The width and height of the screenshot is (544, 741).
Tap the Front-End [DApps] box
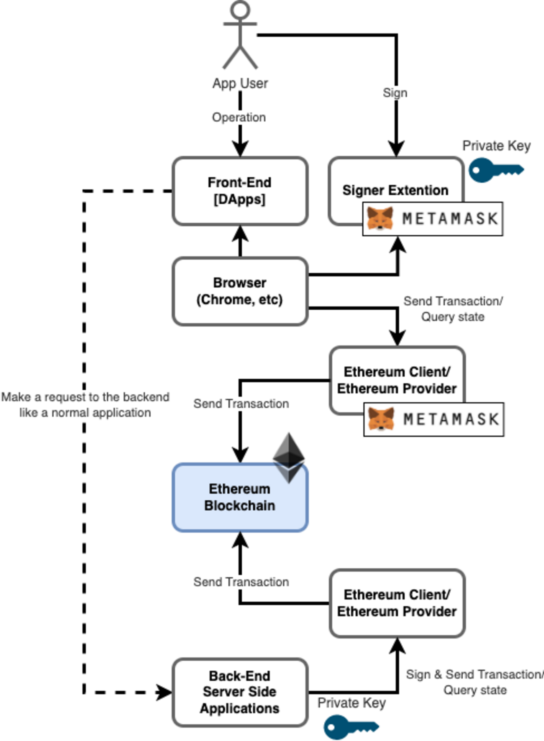(240, 191)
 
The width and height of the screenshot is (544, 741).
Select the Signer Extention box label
(395, 190)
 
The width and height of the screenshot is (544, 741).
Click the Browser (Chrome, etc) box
(240, 291)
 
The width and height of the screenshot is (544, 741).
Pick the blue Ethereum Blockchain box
(240, 497)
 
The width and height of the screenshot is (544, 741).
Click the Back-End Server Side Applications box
(240, 692)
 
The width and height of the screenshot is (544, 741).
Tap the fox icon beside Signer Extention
(380, 218)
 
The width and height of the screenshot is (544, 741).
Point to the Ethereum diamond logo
(289, 457)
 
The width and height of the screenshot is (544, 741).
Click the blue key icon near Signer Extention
(495, 170)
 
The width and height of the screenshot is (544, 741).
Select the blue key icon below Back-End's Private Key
(351, 727)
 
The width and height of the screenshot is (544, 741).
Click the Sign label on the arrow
(395, 92)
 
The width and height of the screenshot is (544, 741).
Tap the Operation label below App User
(239, 118)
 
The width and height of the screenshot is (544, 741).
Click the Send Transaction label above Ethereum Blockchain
(241, 404)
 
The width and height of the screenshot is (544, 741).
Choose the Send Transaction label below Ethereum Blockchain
(241, 582)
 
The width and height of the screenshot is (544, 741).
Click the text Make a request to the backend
(85, 397)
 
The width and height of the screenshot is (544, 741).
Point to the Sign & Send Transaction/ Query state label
(475, 682)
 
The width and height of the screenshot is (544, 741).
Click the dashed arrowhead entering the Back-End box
(164, 692)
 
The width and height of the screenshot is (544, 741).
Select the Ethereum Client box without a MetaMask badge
(397, 603)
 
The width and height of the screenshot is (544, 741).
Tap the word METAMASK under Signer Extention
(450, 218)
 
